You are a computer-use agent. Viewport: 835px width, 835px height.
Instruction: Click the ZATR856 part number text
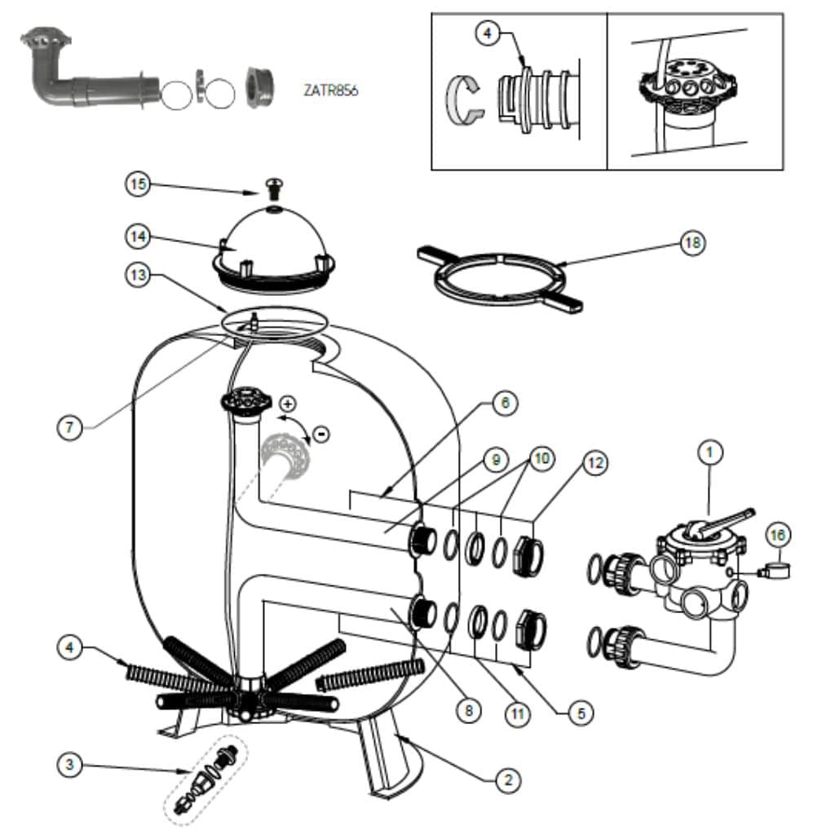click(331, 91)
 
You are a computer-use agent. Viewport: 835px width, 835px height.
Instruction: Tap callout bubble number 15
click(138, 184)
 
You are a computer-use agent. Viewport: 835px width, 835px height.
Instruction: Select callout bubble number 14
click(138, 236)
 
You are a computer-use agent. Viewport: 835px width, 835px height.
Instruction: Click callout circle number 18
click(692, 243)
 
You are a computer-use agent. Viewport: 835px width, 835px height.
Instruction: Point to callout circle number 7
click(70, 427)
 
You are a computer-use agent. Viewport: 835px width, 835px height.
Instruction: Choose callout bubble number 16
click(777, 535)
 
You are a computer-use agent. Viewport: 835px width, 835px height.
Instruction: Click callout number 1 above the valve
click(710, 453)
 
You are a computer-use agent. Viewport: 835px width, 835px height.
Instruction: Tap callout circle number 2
click(508, 780)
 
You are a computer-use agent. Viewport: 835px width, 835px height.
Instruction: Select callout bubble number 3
click(70, 765)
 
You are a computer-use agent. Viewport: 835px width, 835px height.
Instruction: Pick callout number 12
click(595, 463)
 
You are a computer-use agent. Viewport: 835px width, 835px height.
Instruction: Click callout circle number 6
click(505, 403)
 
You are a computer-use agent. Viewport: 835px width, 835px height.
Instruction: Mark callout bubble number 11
click(518, 714)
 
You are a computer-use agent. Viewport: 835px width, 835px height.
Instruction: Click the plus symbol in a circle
click(288, 404)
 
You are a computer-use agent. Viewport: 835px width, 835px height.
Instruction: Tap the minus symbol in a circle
click(321, 434)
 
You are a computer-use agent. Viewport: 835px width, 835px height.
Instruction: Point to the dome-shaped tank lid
click(274, 250)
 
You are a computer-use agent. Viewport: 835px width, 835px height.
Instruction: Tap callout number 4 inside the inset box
click(488, 33)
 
